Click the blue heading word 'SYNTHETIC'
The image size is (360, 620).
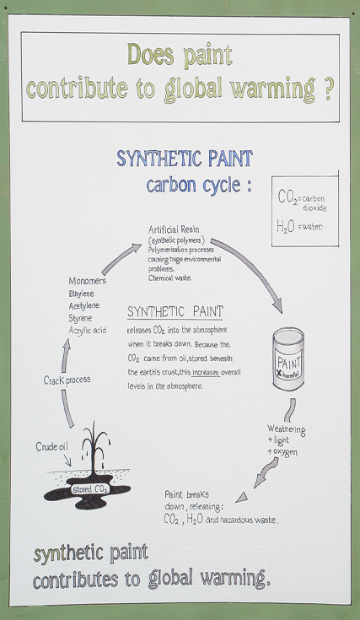click(158, 159)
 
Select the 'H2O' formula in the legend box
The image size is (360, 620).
click(285, 228)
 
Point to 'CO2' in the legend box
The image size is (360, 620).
click(287, 197)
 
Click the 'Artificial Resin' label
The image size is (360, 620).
click(174, 229)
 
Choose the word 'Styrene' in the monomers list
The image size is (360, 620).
click(80, 318)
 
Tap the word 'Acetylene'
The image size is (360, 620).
click(83, 306)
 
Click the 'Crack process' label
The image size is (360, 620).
click(67, 380)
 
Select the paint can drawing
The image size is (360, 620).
click(288, 359)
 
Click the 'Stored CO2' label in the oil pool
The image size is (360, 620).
click(89, 489)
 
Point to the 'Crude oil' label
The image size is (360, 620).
click(51, 447)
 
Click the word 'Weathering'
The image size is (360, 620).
click(286, 429)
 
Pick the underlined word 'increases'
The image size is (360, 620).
click(206, 373)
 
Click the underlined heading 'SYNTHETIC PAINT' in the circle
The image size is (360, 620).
click(175, 312)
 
